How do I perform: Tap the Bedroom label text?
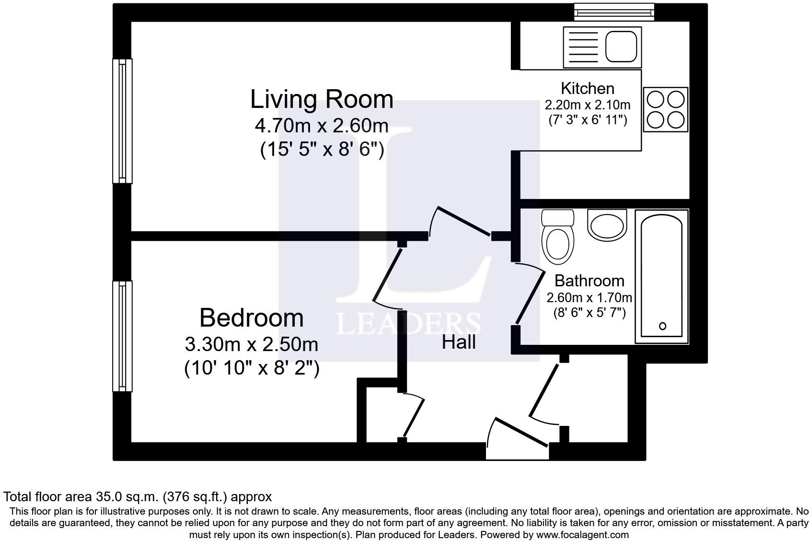(251, 318)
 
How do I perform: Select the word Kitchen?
(588, 89)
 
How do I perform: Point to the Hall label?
(459, 342)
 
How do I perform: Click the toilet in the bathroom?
(558, 237)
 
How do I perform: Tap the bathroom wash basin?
(607, 225)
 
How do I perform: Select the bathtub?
(662, 276)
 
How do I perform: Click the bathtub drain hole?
(662, 326)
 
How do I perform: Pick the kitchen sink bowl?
(621, 46)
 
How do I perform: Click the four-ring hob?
(665, 109)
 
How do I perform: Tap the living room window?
(122, 121)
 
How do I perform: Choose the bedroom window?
(122, 336)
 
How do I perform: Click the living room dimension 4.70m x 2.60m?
(322, 126)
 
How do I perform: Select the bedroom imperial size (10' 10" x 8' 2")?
(252, 369)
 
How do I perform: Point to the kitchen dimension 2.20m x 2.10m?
(588, 105)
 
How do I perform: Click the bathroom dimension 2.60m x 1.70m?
(589, 298)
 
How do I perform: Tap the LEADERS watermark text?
(408, 324)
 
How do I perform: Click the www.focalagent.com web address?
(583, 535)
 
